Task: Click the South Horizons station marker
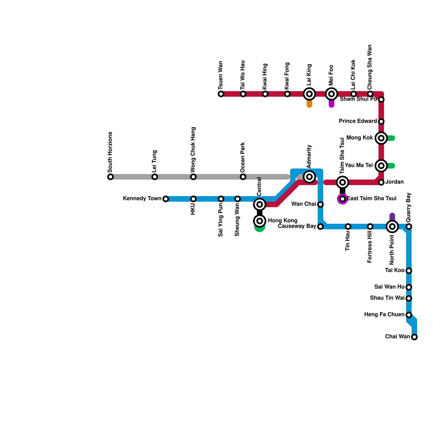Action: coord(110,177)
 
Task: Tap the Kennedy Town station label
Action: coord(142,199)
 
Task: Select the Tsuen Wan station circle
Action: coord(221,94)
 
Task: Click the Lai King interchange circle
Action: coord(309,94)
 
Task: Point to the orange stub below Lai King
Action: coord(309,104)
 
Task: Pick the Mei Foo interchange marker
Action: coord(331,94)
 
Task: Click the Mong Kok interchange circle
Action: coord(381,138)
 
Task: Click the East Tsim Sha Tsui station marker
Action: coord(343,199)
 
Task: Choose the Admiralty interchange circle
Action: coord(309,177)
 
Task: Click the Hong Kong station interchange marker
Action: coord(260,221)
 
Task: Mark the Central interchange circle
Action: coord(260,204)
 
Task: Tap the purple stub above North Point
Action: coord(392,217)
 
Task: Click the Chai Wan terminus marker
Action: coord(414,337)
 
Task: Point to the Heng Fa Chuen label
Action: coord(384,315)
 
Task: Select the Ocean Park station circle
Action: coord(243,177)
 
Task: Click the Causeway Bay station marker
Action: coord(320,227)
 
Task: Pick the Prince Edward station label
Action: coord(357,121)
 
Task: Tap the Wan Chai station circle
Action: coord(320,204)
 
